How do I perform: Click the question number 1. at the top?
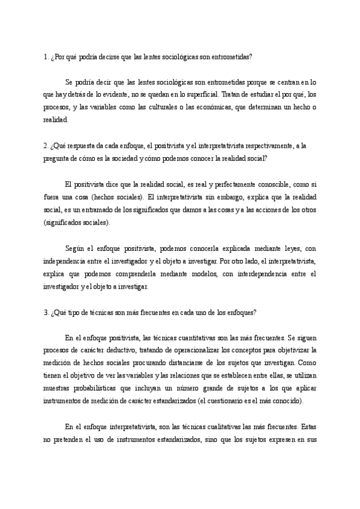(x=45, y=57)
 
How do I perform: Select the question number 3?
(x=45, y=313)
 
